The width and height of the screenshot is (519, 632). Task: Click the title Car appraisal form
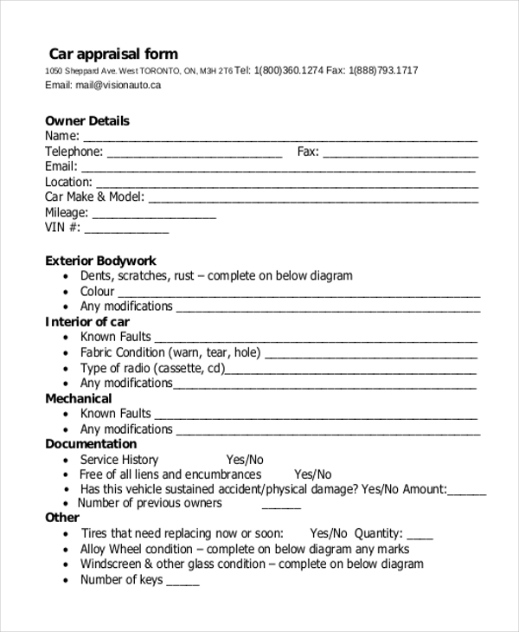[x=112, y=54]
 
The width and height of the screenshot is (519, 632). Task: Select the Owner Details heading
[x=87, y=121]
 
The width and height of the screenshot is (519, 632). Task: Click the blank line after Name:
[x=280, y=139]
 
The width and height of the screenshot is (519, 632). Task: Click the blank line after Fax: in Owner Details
[x=400, y=154]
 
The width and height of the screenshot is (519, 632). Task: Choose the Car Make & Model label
[x=94, y=197]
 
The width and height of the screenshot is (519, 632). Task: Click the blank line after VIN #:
[x=126, y=230]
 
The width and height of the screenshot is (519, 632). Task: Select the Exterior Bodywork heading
[x=100, y=261]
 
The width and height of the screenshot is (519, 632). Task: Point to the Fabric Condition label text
[x=170, y=352]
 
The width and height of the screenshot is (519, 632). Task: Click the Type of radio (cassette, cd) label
[x=152, y=368]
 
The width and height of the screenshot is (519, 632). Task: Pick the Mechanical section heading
[x=79, y=399]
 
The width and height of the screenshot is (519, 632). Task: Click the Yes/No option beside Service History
[x=245, y=460]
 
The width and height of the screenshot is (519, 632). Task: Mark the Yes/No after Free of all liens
[x=313, y=474]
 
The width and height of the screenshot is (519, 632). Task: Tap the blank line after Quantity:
[x=420, y=536]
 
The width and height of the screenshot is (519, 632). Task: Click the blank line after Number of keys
[x=183, y=583]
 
